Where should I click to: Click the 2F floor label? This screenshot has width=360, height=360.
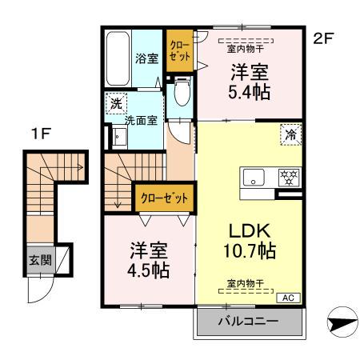click(324, 38)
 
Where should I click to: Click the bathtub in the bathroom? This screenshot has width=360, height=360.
click(118, 58)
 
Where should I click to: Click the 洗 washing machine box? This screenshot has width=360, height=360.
click(116, 103)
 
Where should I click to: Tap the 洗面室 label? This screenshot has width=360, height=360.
click(140, 121)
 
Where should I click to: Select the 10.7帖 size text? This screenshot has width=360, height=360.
click(249, 251)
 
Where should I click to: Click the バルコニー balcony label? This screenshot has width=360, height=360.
click(249, 322)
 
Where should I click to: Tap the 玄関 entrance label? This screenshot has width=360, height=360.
click(40, 260)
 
